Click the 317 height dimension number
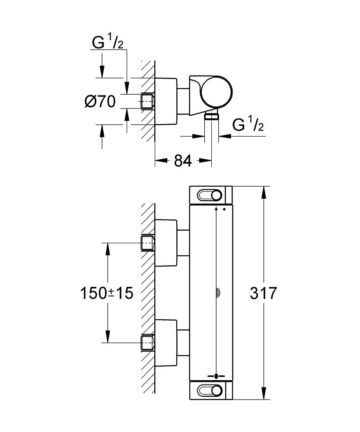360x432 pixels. pyautogui.click(x=263, y=293)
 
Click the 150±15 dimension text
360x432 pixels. pyautogui.click(x=106, y=293)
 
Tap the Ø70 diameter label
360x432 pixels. pyautogui.click(x=100, y=102)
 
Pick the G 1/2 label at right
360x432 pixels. pyautogui.click(x=248, y=125)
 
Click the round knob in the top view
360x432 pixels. pyautogui.click(x=216, y=92)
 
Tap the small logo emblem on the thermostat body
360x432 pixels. pyautogui.click(x=216, y=294)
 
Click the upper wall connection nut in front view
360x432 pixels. pyautogui.click(x=147, y=243)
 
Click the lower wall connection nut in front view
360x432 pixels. pyautogui.click(x=147, y=343)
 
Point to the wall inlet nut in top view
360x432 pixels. pyautogui.click(x=147, y=101)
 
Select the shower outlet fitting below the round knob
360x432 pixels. pyautogui.click(x=211, y=116)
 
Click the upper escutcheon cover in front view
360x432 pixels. pyautogui.click(x=166, y=242)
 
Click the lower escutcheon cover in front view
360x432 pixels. pyautogui.click(x=166, y=342)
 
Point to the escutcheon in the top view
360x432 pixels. pyautogui.click(x=166, y=101)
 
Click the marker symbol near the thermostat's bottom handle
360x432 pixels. pyautogui.click(x=216, y=375)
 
